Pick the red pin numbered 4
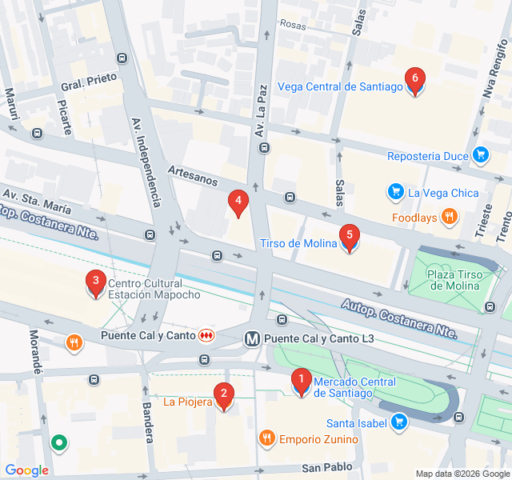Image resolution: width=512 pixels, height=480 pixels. [238, 202]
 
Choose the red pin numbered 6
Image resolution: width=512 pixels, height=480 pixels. [414, 81]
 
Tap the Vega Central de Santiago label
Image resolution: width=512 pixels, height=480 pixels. [340, 87]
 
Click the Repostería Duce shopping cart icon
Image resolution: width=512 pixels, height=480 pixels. [480, 155]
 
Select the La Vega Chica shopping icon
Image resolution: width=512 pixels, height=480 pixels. [395, 192]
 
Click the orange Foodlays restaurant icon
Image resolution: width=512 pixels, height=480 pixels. [450, 216]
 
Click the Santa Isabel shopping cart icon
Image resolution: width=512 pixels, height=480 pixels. [398, 422]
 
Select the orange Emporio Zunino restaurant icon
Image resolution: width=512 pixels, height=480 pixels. [266, 438]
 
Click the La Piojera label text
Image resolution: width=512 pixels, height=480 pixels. [187, 402]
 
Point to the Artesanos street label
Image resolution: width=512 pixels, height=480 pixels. [192, 175]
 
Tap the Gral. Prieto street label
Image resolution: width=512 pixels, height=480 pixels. [89, 82]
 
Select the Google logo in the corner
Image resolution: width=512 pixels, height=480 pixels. [26, 470]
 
